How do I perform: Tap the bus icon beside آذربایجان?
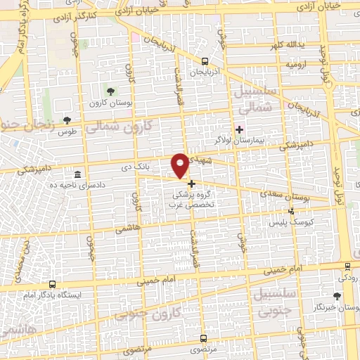pyautogui.click(x=205, y=62)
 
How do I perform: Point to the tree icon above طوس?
pyautogui.click(x=67, y=120)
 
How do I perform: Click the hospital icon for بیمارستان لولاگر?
pyautogui.click(x=239, y=129)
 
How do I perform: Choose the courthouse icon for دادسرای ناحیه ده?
pyautogui.click(x=77, y=174)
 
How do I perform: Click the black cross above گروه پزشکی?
pyautogui.click(x=191, y=184)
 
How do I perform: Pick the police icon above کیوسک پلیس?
pyautogui.click(x=292, y=211)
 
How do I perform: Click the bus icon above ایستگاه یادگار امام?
pyautogui.click(x=53, y=285)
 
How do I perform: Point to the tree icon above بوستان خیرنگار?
pyautogui.click(x=337, y=297)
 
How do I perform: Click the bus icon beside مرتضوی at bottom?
pyautogui.click(x=196, y=347)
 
